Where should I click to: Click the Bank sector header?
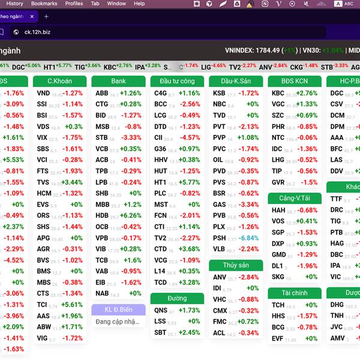[x=118, y=81]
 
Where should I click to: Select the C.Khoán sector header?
[x=59, y=81]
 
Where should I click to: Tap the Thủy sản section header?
[x=236, y=265]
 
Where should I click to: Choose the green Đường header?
[x=177, y=298]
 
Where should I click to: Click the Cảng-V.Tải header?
[x=295, y=198]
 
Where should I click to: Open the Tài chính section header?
[x=295, y=293]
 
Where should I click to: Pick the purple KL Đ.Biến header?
[x=118, y=310]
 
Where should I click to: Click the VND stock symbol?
[x=43, y=93]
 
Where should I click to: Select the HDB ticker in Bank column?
[x=102, y=215]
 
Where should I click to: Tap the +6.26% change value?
[x=131, y=215]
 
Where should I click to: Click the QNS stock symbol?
[x=161, y=310]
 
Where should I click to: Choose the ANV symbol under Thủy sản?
[x=220, y=277]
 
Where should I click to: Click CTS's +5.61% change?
[x=72, y=305]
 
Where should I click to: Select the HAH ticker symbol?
[x=278, y=210]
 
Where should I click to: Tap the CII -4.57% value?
[x=190, y=138]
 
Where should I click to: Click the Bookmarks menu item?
[x=44, y=4]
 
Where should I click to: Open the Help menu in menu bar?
[x=139, y=4]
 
